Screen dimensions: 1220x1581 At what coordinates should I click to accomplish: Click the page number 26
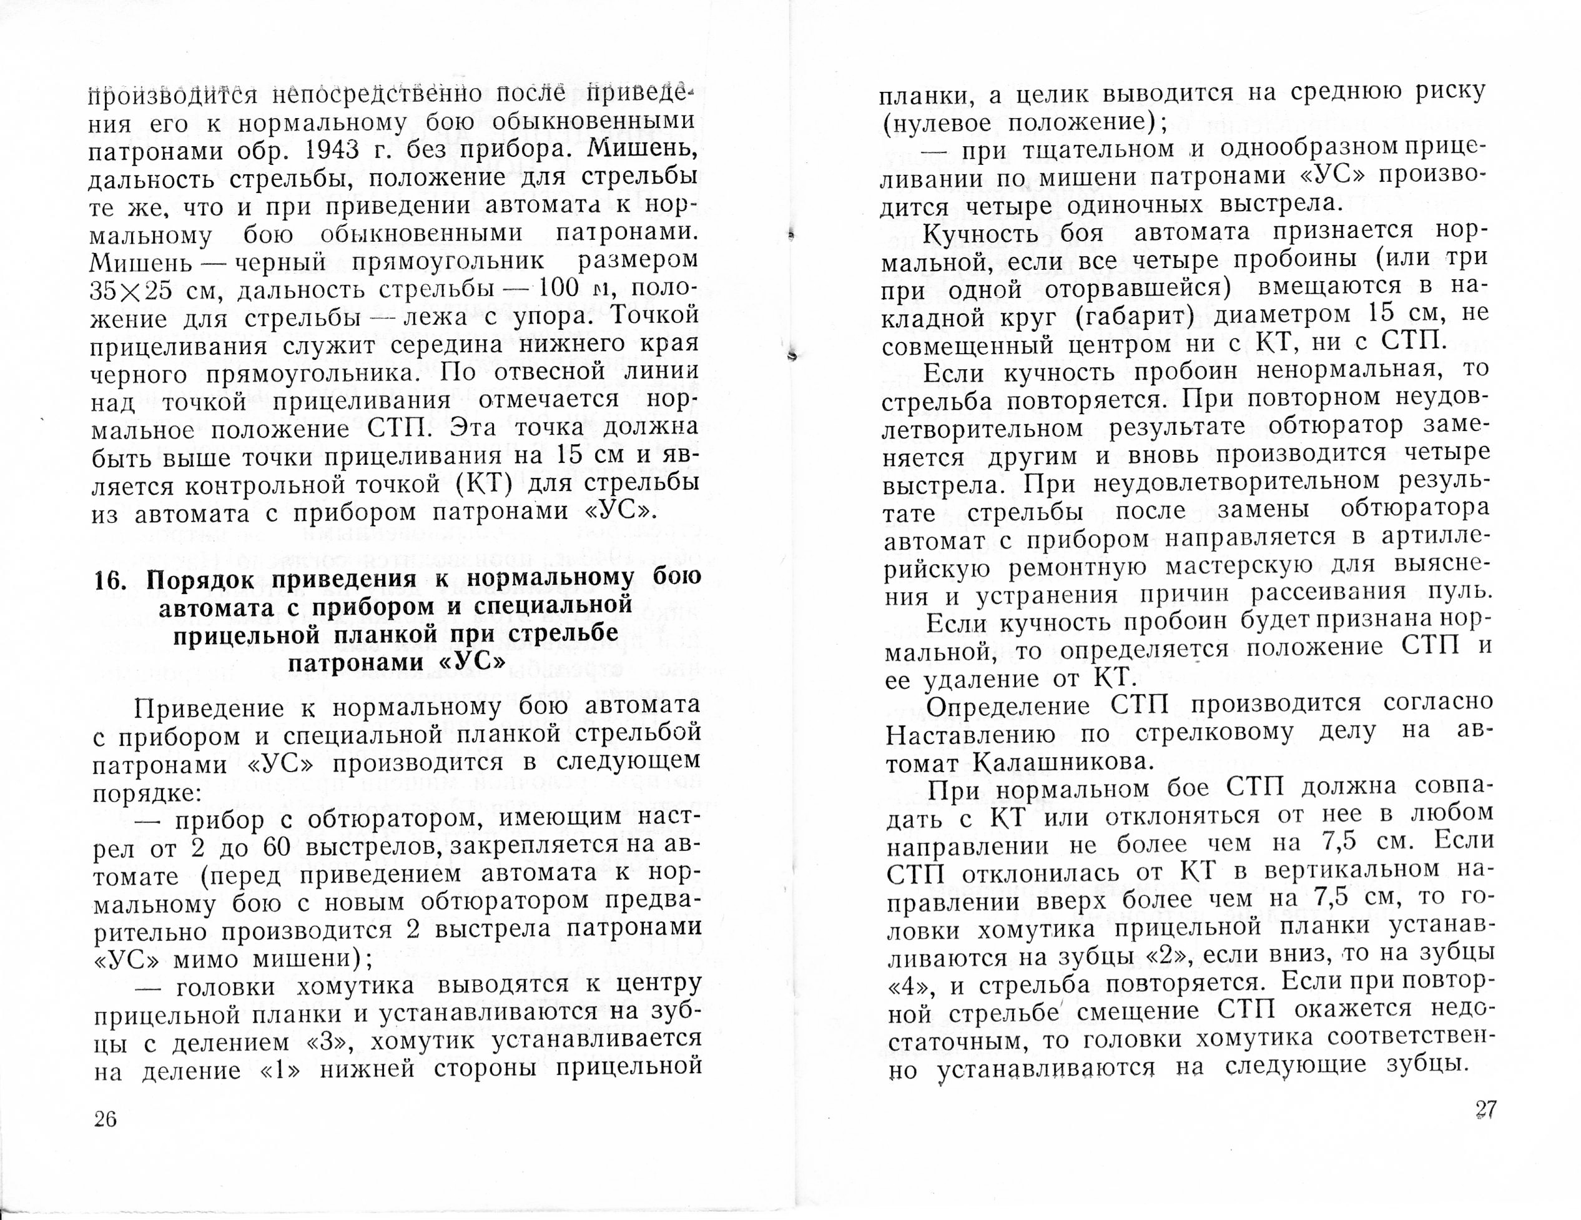click(x=105, y=1120)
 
